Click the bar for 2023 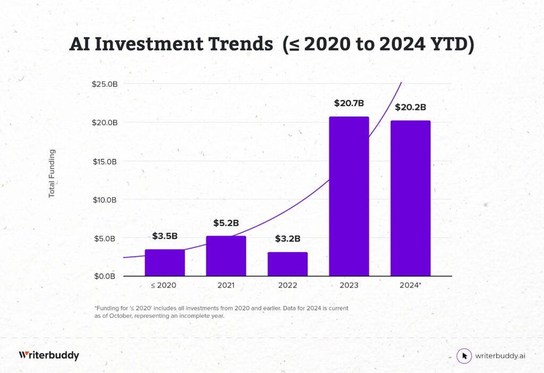(x=348, y=196)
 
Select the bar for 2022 (x=287, y=264)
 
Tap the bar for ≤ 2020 (x=165, y=263)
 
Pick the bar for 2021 (x=226, y=256)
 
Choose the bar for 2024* (x=410, y=198)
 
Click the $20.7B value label (x=348, y=103)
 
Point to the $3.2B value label (x=287, y=239)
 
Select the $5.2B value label (x=226, y=223)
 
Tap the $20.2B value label (x=410, y=107)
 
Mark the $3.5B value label (x=165, y=236)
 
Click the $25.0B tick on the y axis (x=105, y=84)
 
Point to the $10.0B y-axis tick (x=105, y=199)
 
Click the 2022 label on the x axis (x=287, y=285)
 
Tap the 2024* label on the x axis (x=411, y=285)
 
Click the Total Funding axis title (x=52, y=174)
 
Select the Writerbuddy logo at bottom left (x=49, y=355)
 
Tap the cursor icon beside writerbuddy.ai (x=464, y=356)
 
